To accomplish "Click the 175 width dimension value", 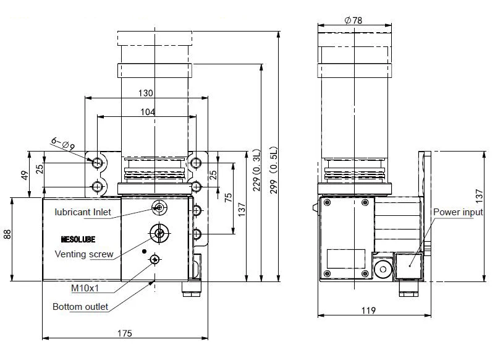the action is [124, 333].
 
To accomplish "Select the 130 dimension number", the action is [145, 93].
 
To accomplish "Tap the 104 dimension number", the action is [148, 112].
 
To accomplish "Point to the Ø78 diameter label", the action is [353, 20].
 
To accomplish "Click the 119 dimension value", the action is [368, 311].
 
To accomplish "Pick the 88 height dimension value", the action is [7, 234].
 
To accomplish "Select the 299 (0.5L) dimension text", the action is [273, 170].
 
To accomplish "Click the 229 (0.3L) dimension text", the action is [256, 170].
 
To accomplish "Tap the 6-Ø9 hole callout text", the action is [63, 144].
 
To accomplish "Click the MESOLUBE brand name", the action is [78, 239].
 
